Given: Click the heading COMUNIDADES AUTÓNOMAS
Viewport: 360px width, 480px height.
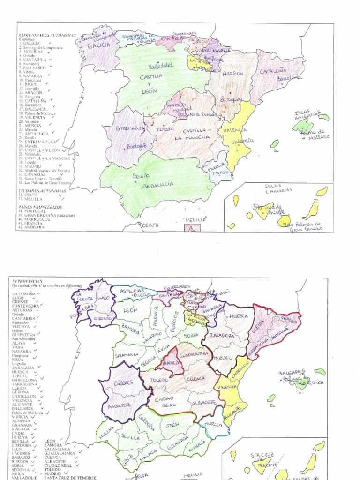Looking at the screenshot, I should [47, 35].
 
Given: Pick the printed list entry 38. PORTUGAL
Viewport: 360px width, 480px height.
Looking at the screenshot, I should [33, 211].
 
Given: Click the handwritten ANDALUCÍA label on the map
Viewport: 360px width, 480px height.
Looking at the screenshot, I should [157, 185].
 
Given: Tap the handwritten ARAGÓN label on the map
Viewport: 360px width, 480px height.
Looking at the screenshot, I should [232, 74].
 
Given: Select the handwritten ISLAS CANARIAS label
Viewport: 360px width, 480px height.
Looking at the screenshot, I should [279, 188].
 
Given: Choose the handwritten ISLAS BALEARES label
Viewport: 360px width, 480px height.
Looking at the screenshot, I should [307, 115].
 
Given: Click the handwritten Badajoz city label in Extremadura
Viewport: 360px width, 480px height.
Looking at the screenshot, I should [136, 146].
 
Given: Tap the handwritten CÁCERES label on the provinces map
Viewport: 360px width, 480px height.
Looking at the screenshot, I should [123, 382].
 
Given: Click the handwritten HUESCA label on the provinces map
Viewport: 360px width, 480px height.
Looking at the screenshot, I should [239, 316].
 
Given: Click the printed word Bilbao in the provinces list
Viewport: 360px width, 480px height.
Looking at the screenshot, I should [18, 331].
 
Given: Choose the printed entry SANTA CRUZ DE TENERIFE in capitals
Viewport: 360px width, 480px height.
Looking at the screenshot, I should [70, 478].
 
